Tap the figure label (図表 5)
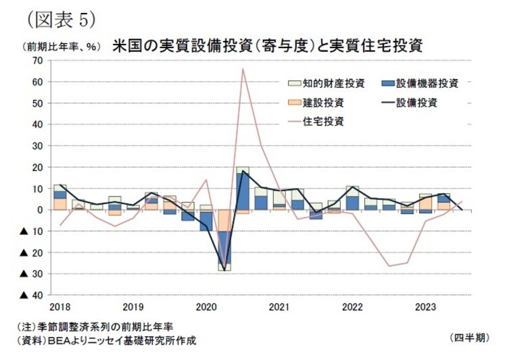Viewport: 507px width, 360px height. [x=59, y=18]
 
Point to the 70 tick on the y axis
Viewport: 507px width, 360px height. [x=37, y=61]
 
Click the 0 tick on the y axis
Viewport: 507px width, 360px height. [x=40, y=210]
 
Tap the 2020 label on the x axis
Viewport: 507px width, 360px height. [x=206, y=307]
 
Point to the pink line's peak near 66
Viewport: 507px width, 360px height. [x=243, y=69]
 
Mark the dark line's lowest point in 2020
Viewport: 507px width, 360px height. [x=224, y=270]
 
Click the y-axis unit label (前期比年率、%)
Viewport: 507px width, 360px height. [x=56, y=47]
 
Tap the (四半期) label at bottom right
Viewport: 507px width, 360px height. [x=468, y=336]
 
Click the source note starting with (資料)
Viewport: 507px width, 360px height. [x=107, y=340]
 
